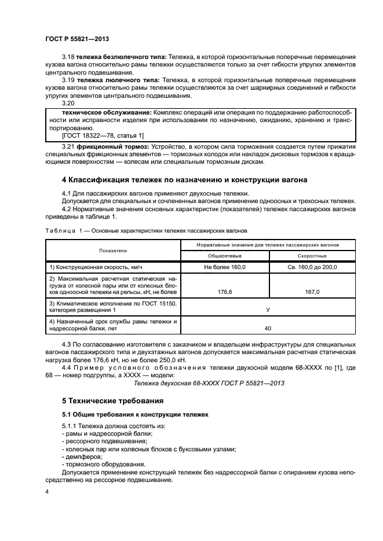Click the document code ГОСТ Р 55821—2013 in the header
coord(77,39)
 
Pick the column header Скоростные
coord(312,255)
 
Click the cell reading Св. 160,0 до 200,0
coord(312,267)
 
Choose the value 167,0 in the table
coord(312,292)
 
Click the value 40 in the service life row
coord(267,328)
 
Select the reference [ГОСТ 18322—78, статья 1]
coord(103,135)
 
